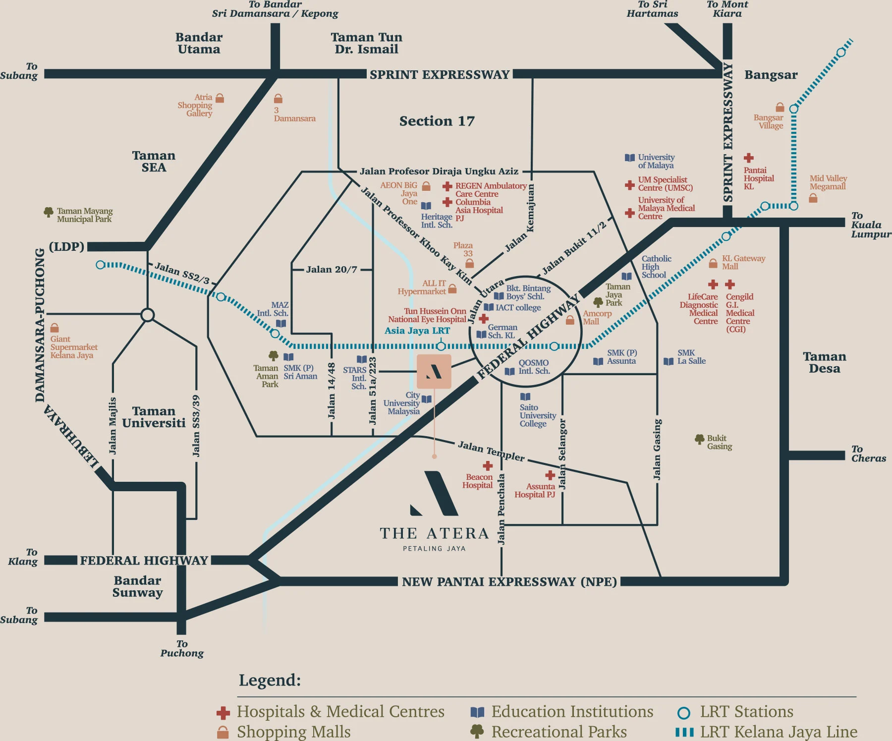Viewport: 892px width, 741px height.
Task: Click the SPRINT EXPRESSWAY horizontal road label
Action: click(439, 75)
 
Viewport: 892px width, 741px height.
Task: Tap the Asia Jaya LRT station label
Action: click(417, 331)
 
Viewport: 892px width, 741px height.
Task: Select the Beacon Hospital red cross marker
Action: click(488, 466)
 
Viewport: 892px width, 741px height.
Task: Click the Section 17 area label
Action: click(437, 121)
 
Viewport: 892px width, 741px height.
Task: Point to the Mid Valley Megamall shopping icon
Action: click(813, 198)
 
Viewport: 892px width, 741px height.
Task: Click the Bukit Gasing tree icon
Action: click(699, 439)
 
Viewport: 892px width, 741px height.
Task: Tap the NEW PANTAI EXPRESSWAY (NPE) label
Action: click(509, 582)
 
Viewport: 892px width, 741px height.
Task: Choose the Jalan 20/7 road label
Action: click(331, 270)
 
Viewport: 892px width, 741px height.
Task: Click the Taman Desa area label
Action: click(824, 362)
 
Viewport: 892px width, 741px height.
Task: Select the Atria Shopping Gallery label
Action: click(195, 105)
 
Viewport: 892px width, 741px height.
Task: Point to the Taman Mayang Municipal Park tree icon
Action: click(49, 212)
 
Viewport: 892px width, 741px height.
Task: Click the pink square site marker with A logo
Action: click(434, 371)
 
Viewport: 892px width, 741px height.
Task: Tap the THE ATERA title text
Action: click(434, 534)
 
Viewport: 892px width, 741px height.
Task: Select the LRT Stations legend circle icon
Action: click(683, 713)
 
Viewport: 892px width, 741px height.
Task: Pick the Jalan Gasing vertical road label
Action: click(657, 449)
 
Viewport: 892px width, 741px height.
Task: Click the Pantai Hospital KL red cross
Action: click(748, 158)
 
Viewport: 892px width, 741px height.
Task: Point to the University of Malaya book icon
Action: click(629, 158)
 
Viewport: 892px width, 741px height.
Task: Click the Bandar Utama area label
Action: click(199, 43)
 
